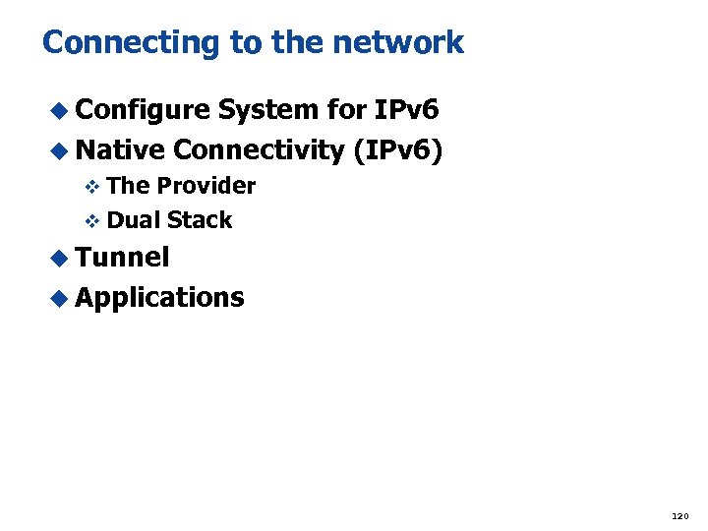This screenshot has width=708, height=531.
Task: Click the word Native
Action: tap(120, 149)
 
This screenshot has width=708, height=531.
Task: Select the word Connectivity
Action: tap(257, 149)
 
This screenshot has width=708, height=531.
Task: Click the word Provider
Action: tap(206, 186)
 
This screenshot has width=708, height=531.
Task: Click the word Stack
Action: tap(200, 220)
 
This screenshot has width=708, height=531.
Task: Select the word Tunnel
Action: tap(122, 258)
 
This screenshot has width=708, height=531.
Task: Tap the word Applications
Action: tap(159, 297)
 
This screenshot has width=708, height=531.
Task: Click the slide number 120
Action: tap(679, 515)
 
